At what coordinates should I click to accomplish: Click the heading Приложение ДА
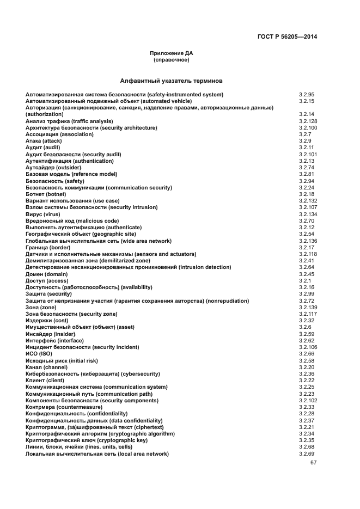point(171,53)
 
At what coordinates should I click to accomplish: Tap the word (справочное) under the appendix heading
point(171,59)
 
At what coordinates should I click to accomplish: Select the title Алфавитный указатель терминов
point(171,81)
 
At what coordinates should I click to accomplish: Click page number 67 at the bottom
point(313,463)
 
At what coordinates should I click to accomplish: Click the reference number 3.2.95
point(307,94)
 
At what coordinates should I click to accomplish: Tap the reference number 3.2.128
point(308,121)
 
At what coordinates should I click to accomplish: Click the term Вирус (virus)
point(43,214)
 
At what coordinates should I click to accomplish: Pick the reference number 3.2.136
point(308,241)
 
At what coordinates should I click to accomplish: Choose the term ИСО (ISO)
point(39,354)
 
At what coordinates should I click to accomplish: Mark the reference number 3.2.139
point(308,308)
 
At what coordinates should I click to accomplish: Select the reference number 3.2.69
point(307,453)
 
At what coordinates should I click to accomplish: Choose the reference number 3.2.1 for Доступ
point(304,280)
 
